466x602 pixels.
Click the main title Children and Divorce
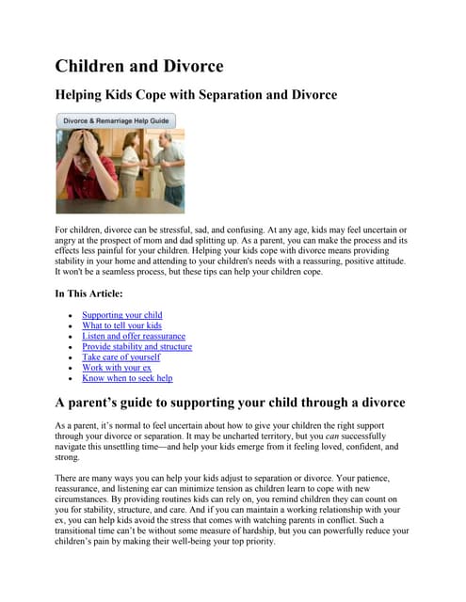[x=139, y=66]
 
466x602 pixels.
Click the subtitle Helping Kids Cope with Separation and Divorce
[x=196, y=95]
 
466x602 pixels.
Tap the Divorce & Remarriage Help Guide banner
[x=116, y=121]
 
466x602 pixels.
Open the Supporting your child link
[x=122, y=315]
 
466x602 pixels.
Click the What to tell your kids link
[x=122, y=325]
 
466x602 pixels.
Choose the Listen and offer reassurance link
[x=134, y=336]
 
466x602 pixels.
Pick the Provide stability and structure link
[x=137, y=346]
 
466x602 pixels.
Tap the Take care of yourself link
[x=121, y=357]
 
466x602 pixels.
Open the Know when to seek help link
[x=127, y=378]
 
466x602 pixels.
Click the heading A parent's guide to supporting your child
[x=231, y=403]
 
